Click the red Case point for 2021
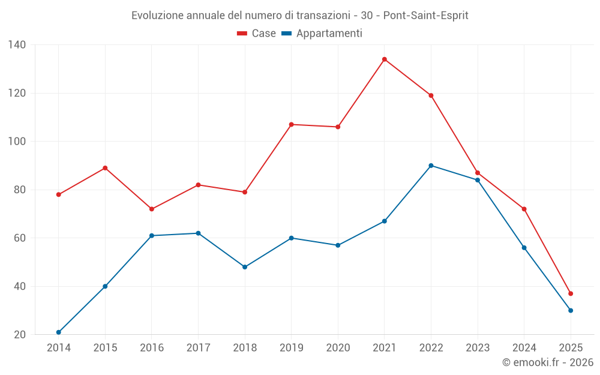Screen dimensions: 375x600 point(385,59)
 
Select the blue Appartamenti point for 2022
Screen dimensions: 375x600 point(431,166)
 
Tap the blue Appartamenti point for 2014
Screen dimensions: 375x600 point(59,332)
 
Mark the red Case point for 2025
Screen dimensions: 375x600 point(571,293)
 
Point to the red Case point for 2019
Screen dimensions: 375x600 point(292,124)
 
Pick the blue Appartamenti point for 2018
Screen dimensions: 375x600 point(245,267)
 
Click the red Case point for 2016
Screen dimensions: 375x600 point(152,209)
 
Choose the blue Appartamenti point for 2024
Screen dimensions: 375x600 point(524,248)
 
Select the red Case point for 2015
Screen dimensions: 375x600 point(105,168)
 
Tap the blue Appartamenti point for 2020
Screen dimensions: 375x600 point(338,245)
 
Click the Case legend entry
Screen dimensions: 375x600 point(257,34)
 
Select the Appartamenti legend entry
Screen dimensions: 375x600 point(322,34)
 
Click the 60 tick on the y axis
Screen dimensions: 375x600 point(20,238)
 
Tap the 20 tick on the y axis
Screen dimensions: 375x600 point(20,335)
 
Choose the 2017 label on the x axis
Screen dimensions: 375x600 point(198,348)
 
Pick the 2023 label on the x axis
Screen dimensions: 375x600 point(478,348)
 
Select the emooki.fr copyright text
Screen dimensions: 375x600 point(548,362)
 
